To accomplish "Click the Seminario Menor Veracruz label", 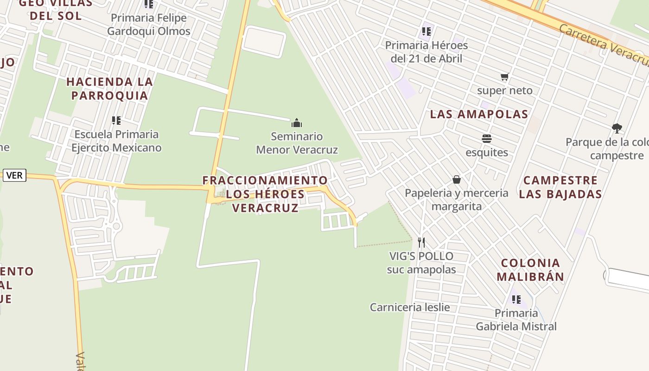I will click(x=297, y=143).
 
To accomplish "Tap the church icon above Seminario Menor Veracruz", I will click(x=297, y=123).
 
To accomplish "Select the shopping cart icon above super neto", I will click(x=504, y=77).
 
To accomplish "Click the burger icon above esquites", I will click(x=486, y=139).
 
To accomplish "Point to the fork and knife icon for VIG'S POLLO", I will click(x=421, y=242).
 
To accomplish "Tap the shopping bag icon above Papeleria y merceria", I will click(x=457, y=179).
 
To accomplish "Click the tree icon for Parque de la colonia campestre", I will click(x=617, y=128).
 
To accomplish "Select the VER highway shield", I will click(x=14, y=176).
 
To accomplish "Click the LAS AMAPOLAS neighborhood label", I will click(x=479, y=114).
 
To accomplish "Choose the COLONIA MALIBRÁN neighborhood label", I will click(x=530, y=270).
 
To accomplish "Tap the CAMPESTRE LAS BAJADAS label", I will click(x=560, y=187).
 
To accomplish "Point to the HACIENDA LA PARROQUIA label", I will click(x=109, y=89).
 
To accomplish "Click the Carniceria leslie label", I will click(x=410, y=307).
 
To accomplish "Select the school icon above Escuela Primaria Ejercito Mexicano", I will click(x=116, y=121).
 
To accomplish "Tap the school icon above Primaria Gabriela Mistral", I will click(x=516, y=299).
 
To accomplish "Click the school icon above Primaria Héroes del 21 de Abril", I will click(x=426, y=32).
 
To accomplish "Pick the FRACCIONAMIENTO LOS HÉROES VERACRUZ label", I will click(x=265, y=194).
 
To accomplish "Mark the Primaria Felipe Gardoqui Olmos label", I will click(x=149, y=25).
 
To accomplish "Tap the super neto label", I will click(x=505, y=90).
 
